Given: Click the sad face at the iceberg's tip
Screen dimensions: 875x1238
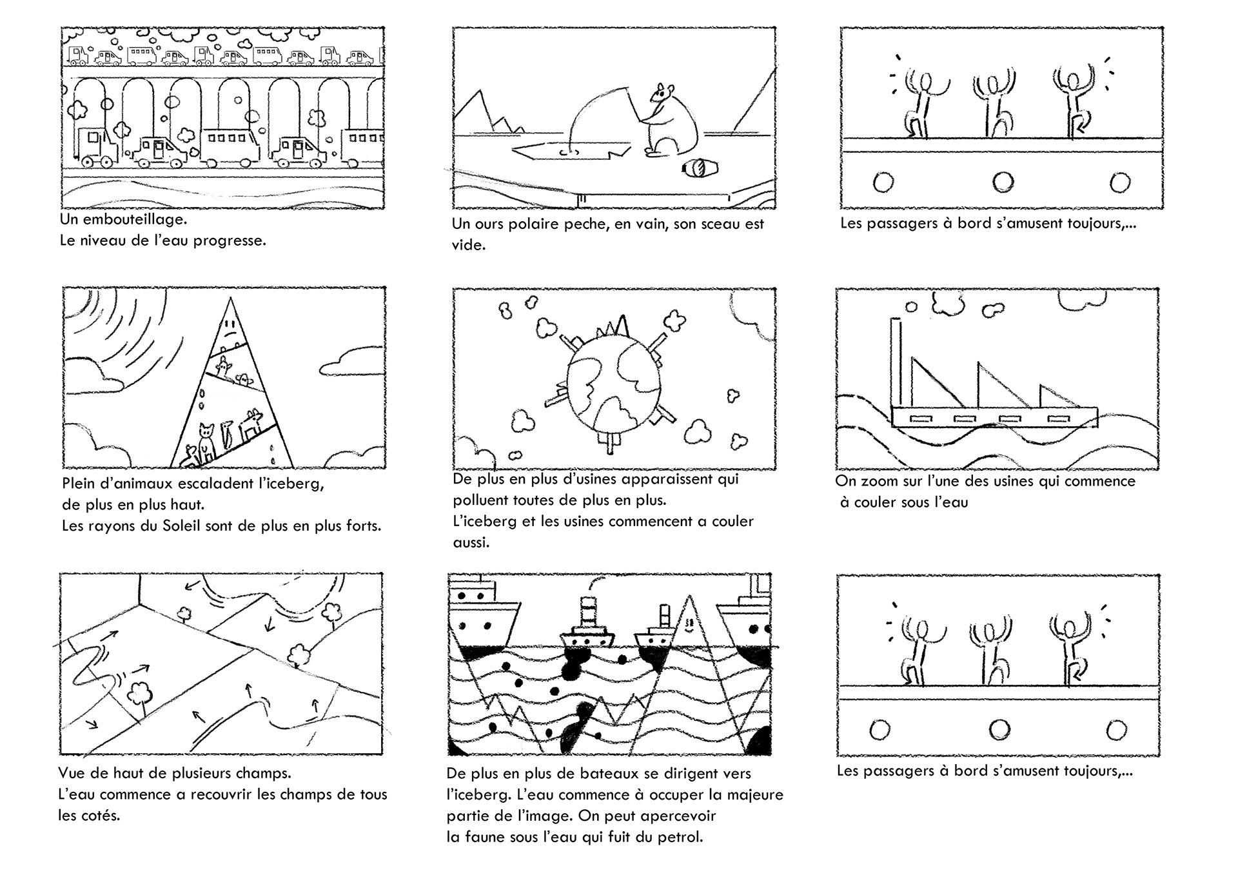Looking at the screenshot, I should point(230,335).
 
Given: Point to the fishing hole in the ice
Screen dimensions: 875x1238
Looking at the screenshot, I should point(568,153).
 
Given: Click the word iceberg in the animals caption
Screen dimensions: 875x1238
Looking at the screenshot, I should point(294,484).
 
